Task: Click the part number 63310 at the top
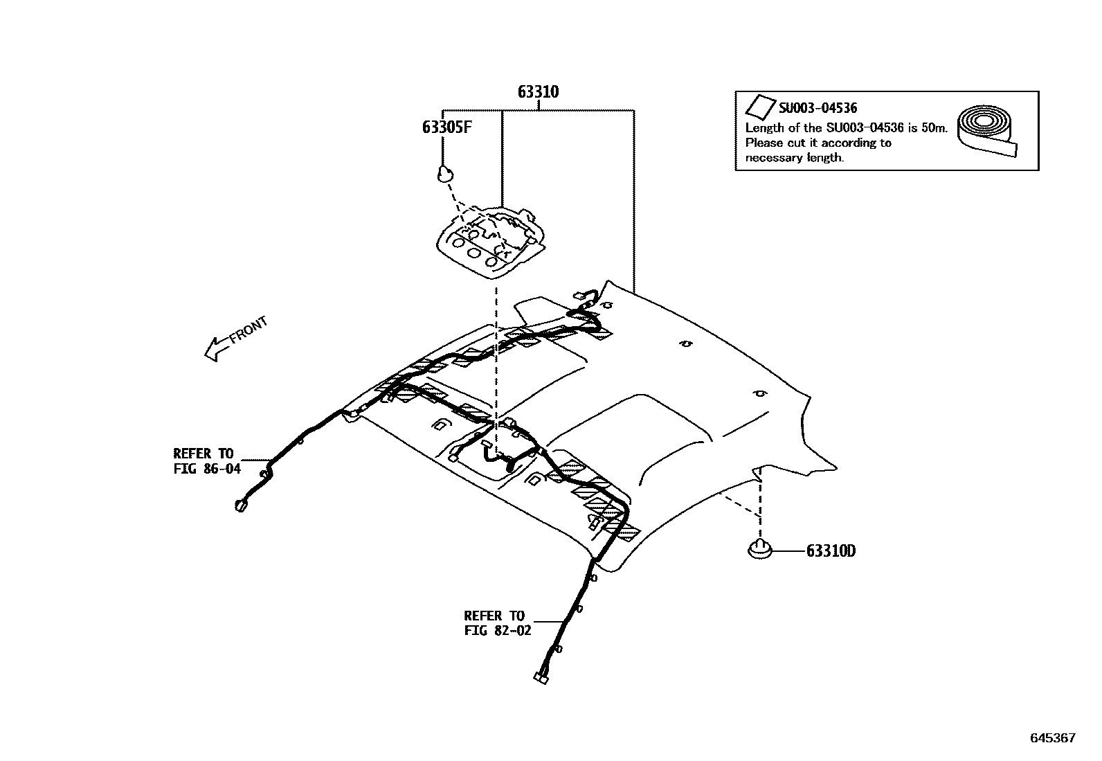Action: [x=538, y=91]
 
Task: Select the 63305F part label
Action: [x=446, y=127]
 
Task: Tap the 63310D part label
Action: [x=831, y=551]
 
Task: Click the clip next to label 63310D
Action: [x=760, y=549]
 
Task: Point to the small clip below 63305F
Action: [x=444, y=174]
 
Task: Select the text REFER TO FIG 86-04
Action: [x=206, y=461]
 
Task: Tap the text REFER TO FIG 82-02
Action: [x=497, y=623]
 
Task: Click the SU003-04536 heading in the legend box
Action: [x=818, y=108]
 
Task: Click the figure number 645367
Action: [x=1053, y=738]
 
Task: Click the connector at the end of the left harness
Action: [x=241, y=506]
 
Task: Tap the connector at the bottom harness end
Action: [x=541, y=679]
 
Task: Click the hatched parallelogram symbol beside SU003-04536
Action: [x=759, y=107]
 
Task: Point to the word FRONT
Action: [x=249, y=330]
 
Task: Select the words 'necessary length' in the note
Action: [x=794, y=158]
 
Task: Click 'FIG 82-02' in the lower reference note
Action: [x=497, y=631]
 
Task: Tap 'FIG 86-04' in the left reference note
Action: [x=206, y=469]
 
